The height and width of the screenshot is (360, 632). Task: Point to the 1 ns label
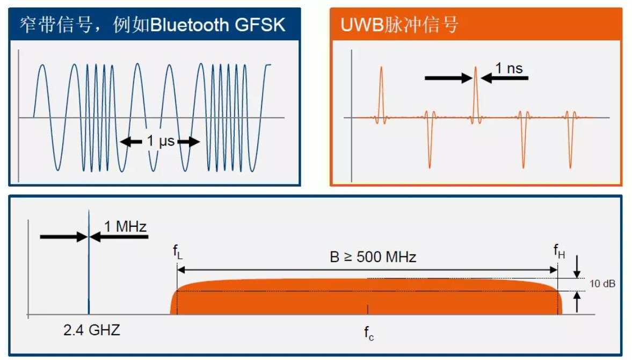(x=508, y=68)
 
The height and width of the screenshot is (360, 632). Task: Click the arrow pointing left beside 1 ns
(x=505, y=78)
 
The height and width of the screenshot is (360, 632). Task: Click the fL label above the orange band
(x=177, y=251)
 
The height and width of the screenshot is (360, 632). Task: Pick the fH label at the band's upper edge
(x=559, y=251)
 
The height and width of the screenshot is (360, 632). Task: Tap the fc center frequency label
(x=368, y=333)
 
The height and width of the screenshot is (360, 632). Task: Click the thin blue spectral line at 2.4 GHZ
(x=88, y=269)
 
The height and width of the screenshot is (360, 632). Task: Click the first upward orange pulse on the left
(x=381, y=86)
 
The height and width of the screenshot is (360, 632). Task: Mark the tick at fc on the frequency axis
(x=368, y=309)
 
